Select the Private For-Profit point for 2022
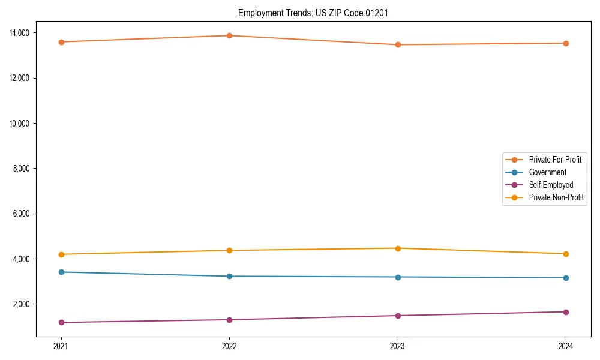tap(229, 35)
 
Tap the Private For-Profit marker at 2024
tap(566, 43)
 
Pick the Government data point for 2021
tap(61, 272)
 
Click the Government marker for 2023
tap(398, 277)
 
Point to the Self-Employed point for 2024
tap(566, 312)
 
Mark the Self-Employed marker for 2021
tap(61, 322)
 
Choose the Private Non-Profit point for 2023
tap(398, 248)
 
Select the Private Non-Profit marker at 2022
tap(229, 250)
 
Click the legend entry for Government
tap(547, 172)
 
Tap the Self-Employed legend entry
tap(551, 185)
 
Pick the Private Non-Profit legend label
tap(556, 197)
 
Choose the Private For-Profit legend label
tap(555, 160)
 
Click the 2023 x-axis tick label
tap(398, 346)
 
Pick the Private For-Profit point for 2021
tap(61, 42)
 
